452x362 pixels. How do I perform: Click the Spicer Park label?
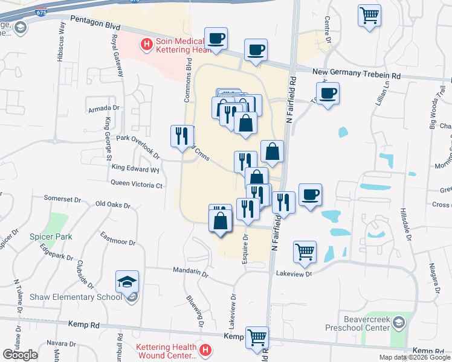coord(51,237)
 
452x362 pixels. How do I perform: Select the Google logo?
coord(20,354)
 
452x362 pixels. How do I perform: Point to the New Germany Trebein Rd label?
coord(357,74)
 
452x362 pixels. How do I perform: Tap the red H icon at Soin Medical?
coord(146,43)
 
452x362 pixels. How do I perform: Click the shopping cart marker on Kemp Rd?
coord(257,337)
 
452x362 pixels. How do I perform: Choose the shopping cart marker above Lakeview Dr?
coord(305,252)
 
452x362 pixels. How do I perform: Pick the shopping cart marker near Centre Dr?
coord(369,16)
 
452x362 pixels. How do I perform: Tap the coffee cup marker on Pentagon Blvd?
coord(216,39)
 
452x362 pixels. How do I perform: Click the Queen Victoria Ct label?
coord(137,185)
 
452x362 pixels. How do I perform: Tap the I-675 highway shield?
coord(40,11)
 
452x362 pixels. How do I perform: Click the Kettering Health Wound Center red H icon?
coord(205,349)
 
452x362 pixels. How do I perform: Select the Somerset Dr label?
coord(62,198)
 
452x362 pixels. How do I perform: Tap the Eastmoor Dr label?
coord(118,238)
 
